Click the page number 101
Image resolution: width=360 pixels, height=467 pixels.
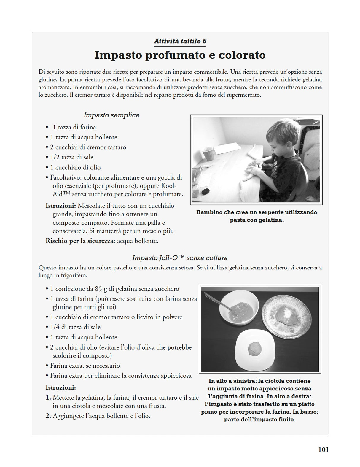coord(323,450)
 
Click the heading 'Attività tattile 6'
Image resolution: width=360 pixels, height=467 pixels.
coord(180,41)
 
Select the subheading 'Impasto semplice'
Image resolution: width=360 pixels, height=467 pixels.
coord(111,115)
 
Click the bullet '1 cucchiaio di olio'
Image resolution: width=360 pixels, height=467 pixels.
coord(75,167)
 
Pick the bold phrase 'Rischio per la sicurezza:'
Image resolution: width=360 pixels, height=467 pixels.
coord(80,241)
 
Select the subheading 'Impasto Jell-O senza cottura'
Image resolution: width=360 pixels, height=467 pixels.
coord(180,258)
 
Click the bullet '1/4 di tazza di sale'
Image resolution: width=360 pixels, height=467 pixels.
coord(75,327)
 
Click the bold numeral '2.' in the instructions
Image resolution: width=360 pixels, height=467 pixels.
coord(49,416)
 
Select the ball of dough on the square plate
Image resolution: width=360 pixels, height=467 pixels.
coord(255,348)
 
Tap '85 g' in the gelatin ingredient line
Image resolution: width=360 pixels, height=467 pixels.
coord(101,289)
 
